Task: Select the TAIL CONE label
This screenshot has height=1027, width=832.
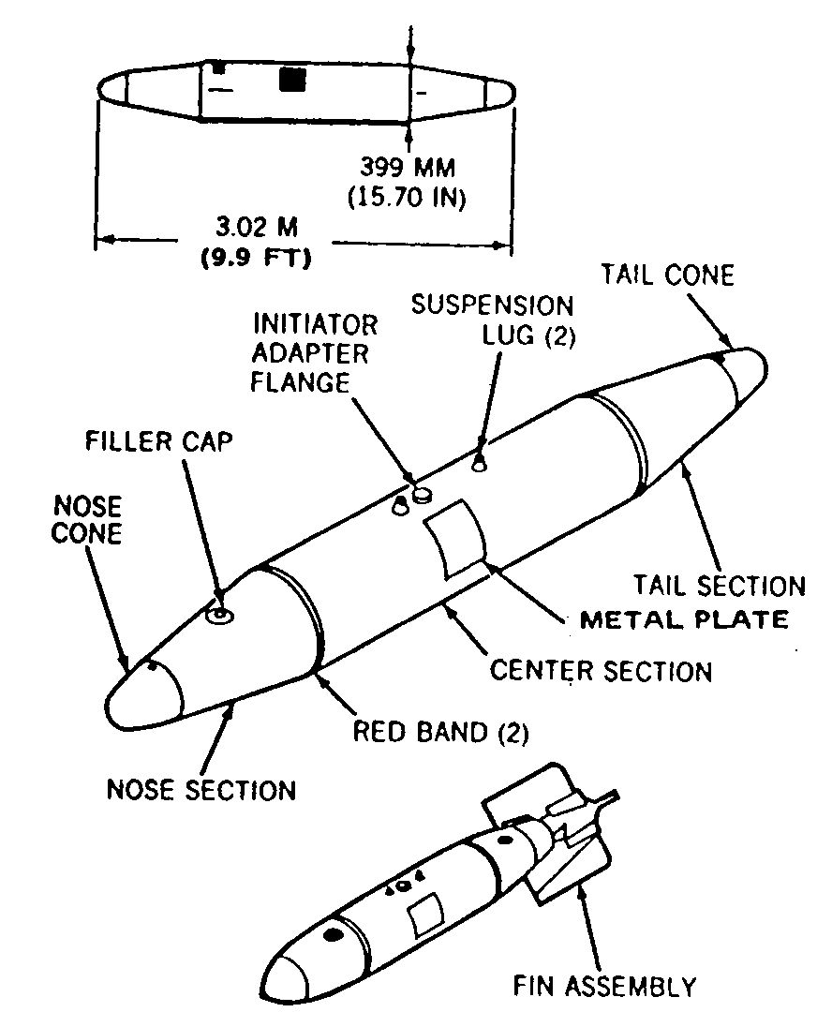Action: tap(667, 275)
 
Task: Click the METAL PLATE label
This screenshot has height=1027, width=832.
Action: tap(684, 619)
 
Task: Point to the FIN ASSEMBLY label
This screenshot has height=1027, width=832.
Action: tap(604, 986)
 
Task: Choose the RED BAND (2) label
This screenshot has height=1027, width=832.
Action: tap(440, 732)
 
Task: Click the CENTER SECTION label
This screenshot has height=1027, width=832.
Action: tap(601, 671)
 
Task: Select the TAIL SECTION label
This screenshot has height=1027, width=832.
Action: tap(719, 585)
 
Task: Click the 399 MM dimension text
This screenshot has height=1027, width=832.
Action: tap(408, 168)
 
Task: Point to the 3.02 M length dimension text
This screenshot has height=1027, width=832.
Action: tap(257, 227)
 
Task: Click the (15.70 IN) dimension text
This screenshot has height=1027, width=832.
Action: tap(407, 197)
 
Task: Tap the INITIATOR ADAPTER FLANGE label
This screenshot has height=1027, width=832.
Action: tap(315, 353)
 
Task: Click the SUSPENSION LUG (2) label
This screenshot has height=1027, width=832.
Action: tap(493, 320)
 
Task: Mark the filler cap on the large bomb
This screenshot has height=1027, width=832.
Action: tap(219, 615)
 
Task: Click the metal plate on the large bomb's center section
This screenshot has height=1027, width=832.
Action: tap(456, 539)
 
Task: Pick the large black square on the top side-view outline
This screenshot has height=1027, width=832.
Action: tap(292, 80)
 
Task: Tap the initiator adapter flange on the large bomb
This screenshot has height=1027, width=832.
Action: tap(423, 493)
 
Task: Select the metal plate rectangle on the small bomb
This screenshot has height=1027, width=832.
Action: tap(425, 915)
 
